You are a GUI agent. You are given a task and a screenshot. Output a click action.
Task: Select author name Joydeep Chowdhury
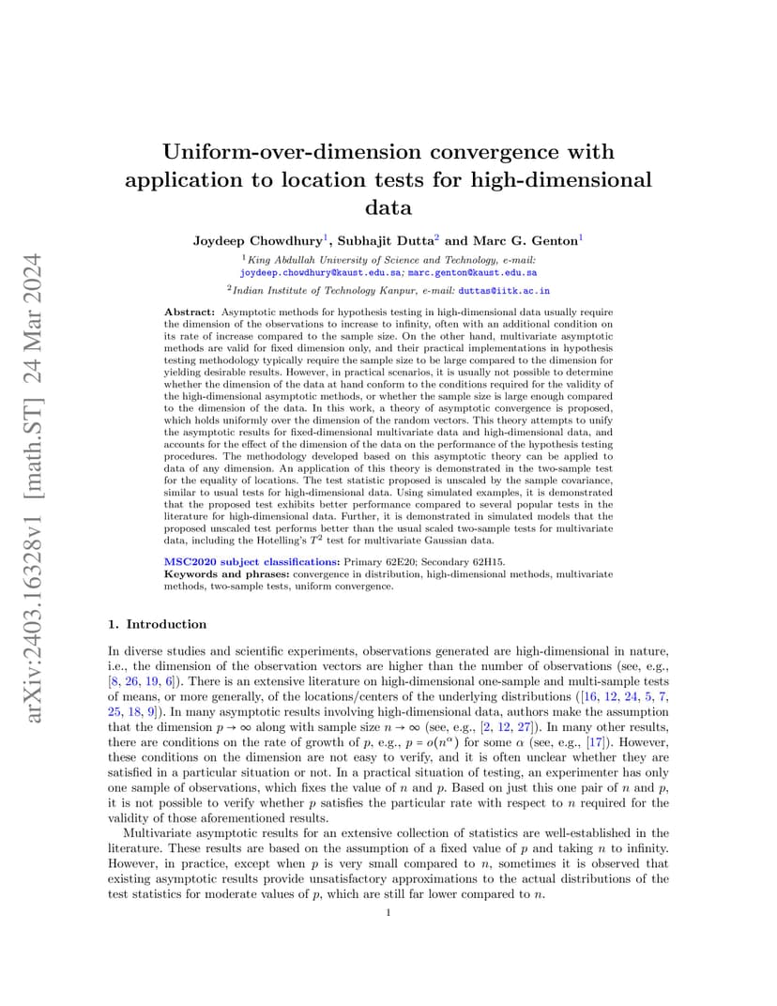coord(245,240)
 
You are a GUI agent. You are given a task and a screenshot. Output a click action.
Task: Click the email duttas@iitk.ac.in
coord(504,292)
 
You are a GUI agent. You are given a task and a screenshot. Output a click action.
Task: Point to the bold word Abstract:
coord(190,312)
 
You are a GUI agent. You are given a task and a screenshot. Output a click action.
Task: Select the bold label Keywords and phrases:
coord(227,573)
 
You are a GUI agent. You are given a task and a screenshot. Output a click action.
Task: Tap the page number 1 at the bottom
coord(388,912)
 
